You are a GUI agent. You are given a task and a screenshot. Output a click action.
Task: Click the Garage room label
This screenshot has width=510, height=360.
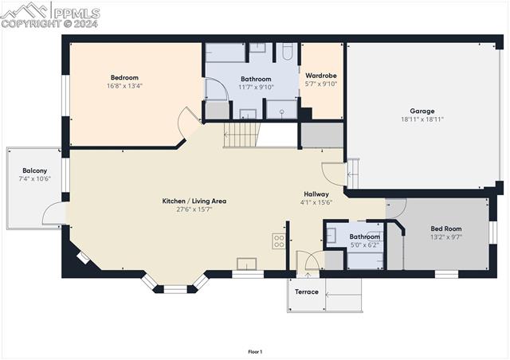click(422, 111)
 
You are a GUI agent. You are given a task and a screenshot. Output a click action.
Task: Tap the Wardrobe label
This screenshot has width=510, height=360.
click(321, 75)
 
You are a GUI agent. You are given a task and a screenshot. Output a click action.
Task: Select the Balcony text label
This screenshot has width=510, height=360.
click(34, 170)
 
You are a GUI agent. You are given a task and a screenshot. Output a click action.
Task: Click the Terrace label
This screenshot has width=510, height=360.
click(307, 292)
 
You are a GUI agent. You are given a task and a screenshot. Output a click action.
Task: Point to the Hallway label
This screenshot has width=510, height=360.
click(316, 194)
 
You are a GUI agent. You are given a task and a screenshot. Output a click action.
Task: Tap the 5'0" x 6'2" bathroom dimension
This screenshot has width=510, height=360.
click(364, 245)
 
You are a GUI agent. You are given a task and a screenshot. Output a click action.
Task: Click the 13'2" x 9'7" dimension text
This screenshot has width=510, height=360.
click(445, 237)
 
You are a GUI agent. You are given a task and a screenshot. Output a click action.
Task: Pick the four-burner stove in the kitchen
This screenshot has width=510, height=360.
click(279, 241)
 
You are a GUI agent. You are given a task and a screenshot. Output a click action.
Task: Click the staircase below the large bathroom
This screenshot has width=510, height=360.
click(241, 135)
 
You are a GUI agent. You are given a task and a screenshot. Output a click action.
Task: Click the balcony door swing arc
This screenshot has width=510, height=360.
click(53, 212)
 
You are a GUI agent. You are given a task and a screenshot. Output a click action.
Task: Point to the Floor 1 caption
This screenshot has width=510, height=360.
click(255, 351)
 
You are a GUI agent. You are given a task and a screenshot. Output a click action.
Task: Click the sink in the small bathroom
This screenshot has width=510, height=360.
click(331, 236)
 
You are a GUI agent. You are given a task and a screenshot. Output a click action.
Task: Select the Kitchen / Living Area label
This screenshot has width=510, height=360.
click(194, 201)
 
